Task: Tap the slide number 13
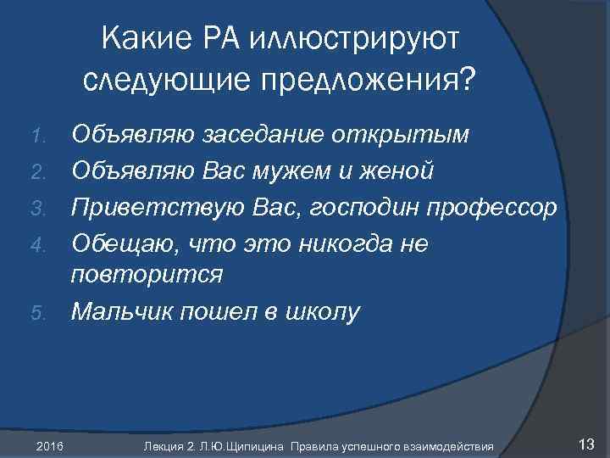(585, 443)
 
